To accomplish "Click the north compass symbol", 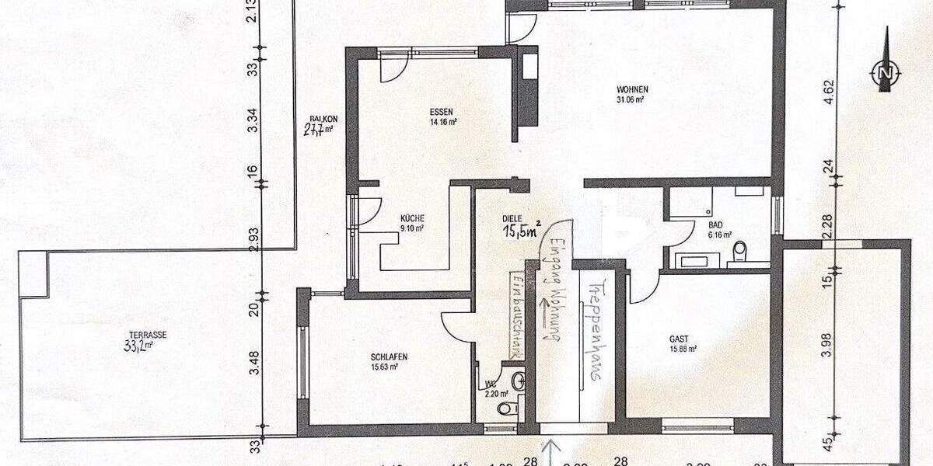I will pos(885,72).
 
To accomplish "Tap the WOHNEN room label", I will pos(632,89).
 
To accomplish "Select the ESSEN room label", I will pos(442,112).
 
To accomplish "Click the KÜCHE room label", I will pos(412,218).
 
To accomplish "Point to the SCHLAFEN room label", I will pos(389,357).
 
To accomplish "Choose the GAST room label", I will pos(679,339).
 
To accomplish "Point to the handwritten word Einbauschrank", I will pos(515,315).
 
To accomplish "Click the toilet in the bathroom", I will pos(739,250).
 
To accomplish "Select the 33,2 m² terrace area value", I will pos(137,346).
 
